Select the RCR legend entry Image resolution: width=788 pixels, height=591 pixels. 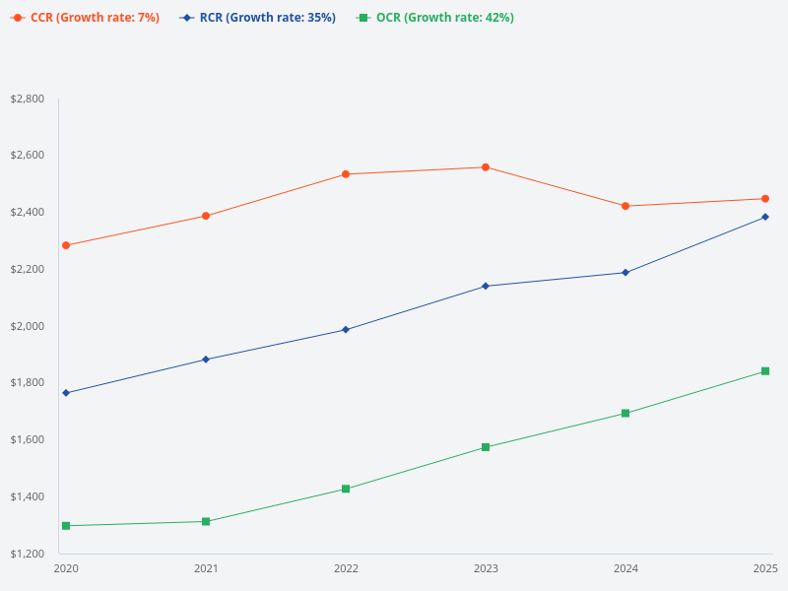258,18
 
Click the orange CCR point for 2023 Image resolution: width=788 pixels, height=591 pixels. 486,167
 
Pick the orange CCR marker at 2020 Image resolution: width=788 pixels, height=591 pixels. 66,245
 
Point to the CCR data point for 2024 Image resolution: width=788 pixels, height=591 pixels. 625,206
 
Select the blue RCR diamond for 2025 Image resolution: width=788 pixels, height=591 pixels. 765,217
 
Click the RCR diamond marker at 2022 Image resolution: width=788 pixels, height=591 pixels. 346,330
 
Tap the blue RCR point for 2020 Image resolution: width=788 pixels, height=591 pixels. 66,393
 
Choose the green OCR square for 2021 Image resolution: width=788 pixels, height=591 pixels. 206,521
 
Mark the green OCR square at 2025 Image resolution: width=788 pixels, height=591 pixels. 765,371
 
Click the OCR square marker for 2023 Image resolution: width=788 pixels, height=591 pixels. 486,447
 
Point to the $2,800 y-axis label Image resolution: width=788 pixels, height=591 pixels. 27,99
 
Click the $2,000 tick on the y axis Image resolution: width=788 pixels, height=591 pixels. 27,326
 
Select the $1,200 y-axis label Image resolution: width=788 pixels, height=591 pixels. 27,554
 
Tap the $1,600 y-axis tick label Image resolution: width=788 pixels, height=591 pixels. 27,439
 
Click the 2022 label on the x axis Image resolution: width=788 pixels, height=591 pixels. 346,569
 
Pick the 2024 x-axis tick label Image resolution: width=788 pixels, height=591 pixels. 625,569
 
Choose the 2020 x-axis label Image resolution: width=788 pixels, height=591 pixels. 66,569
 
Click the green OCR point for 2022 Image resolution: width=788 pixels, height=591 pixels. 346,489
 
